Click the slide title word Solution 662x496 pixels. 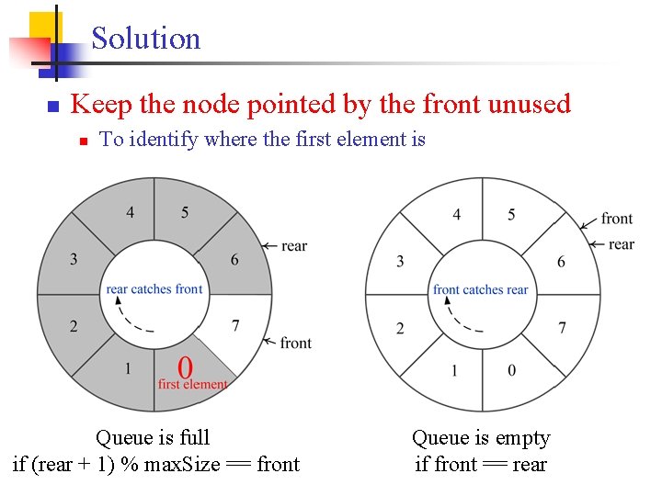coord(145,39)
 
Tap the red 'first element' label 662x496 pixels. coord(192,385)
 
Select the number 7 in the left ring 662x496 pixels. coord(235,326)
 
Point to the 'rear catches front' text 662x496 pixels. coord(154,289)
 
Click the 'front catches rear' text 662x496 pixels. coord(481,290)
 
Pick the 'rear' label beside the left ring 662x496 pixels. coord(294,246)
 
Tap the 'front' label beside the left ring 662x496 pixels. coord(295,343)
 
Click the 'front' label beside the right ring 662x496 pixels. coord(617,219)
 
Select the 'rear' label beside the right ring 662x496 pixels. coord(622,244)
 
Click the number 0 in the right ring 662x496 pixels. coord(511,370)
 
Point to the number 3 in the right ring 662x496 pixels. coord(400,262)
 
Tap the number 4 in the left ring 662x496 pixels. coord(130,213)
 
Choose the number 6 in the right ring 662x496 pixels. coord(562,262)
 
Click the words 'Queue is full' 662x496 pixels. coord(153,438)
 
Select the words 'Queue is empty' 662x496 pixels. coord(481,438)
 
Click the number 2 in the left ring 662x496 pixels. coord(74,326)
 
